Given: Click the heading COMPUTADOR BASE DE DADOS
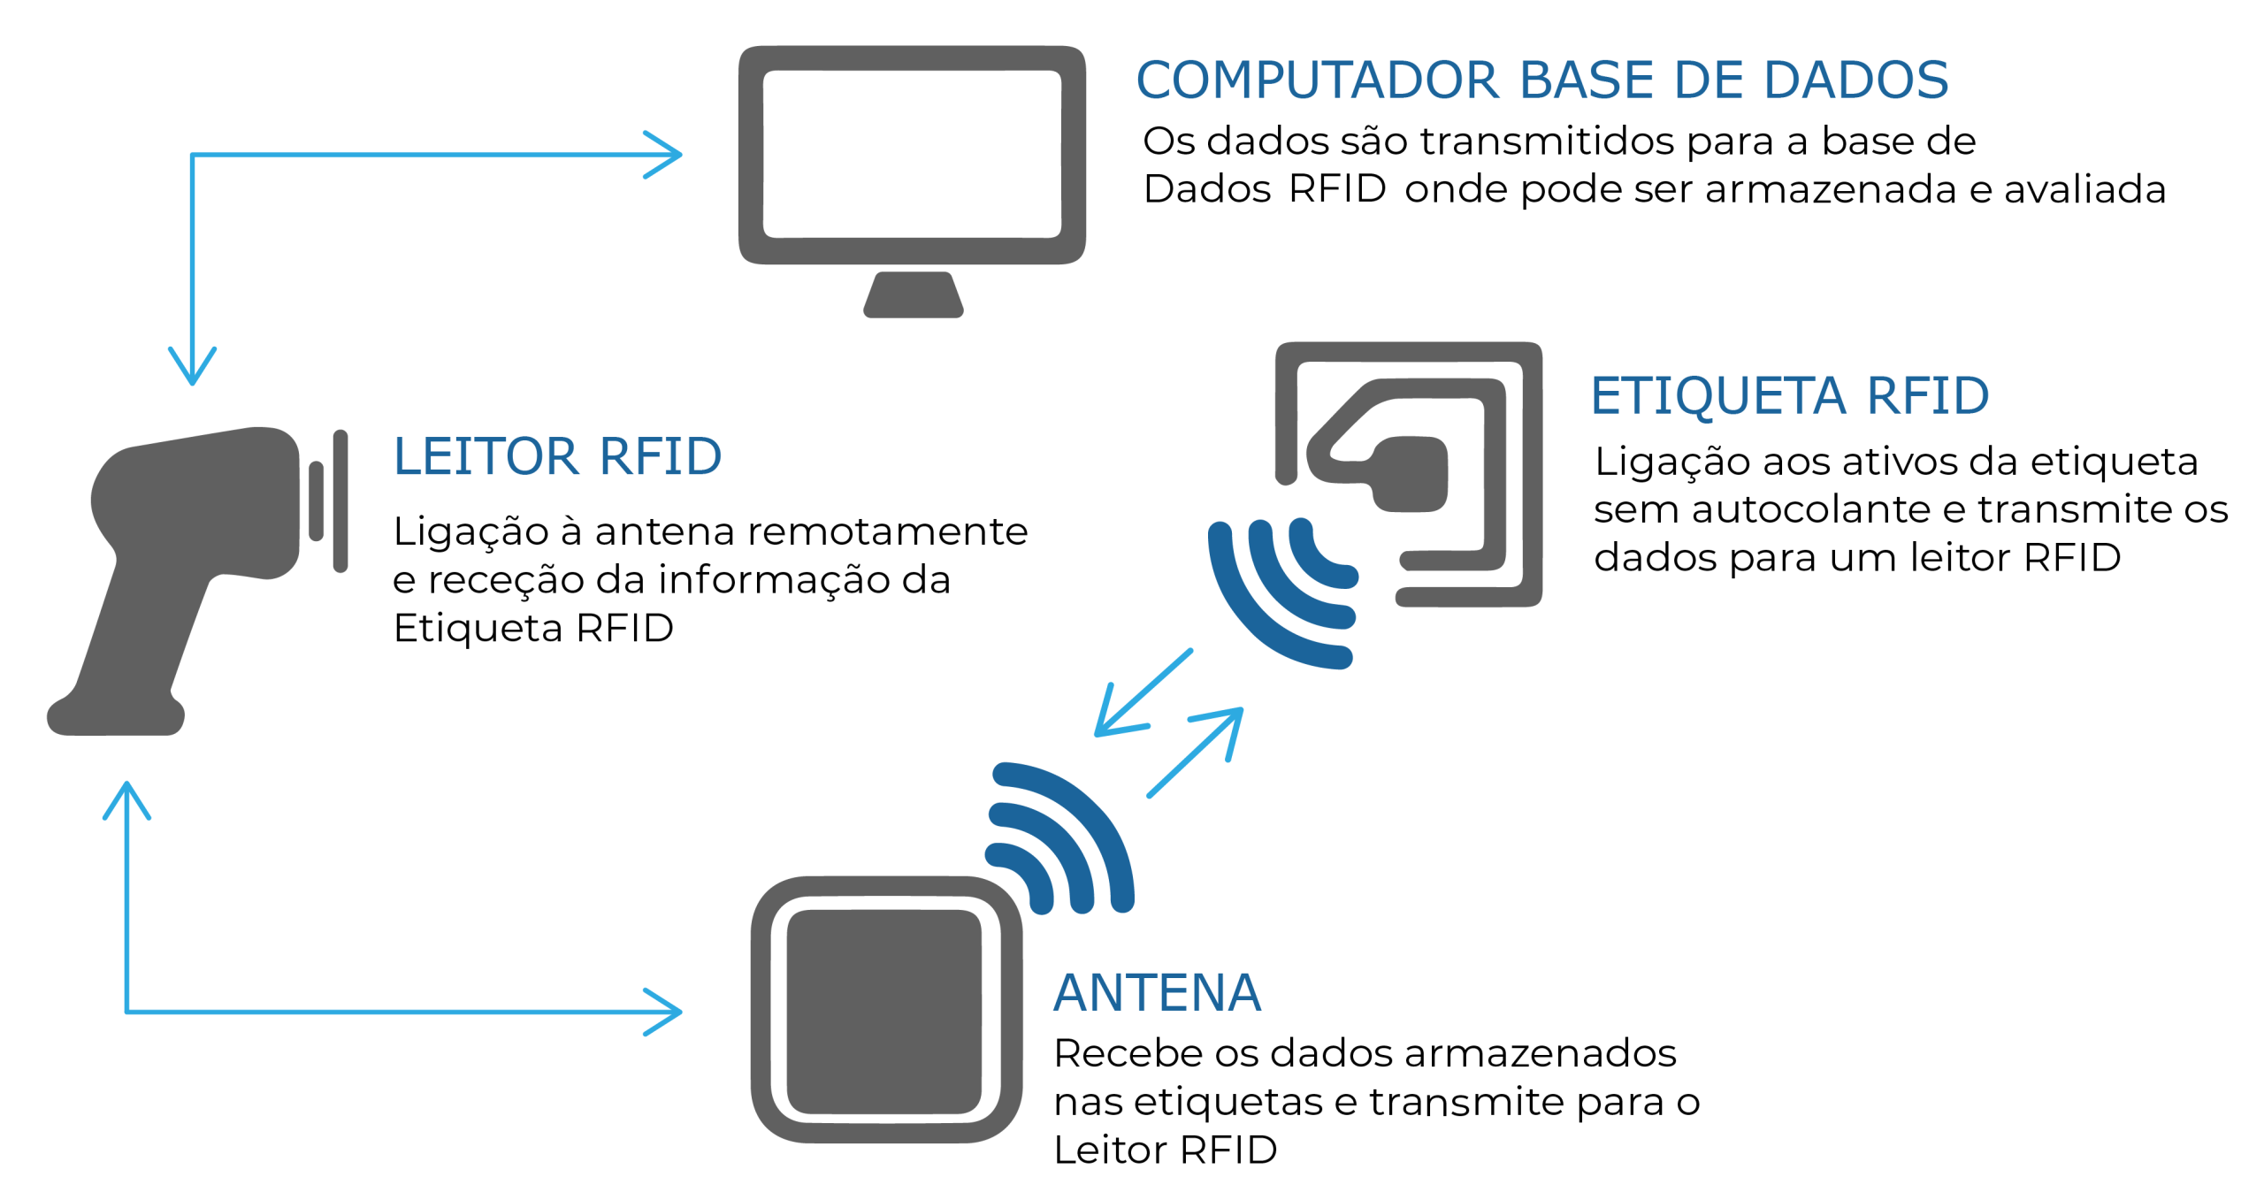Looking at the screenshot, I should click(x=1541, y=80).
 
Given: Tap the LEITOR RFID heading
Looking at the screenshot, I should click(x=557, y=456).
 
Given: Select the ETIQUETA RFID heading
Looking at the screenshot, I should click(x=1789, y=395).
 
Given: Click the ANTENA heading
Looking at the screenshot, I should click(x=1157, y=992).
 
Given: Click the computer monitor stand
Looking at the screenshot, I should click(x=913, y=295).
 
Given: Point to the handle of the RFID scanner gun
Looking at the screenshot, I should click(x=141, y=637).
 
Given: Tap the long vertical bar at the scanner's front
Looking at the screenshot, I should click(x=340, y=501).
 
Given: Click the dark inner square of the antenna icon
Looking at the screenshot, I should click(x=883, y=1012).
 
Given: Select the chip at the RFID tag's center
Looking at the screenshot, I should click(x=1410, y=474).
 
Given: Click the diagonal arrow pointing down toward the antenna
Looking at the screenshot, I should click(x=1141, y=695).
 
